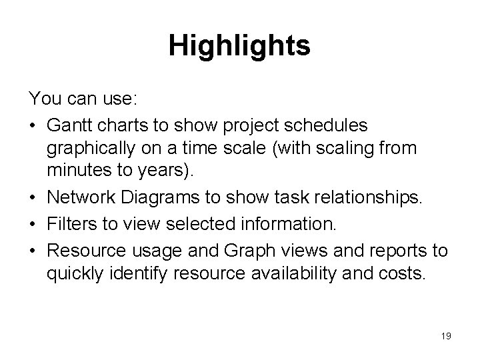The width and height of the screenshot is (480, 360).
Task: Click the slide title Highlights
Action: click(x=239, y=46)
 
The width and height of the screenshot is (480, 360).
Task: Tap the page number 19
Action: click(x=445, y=337)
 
